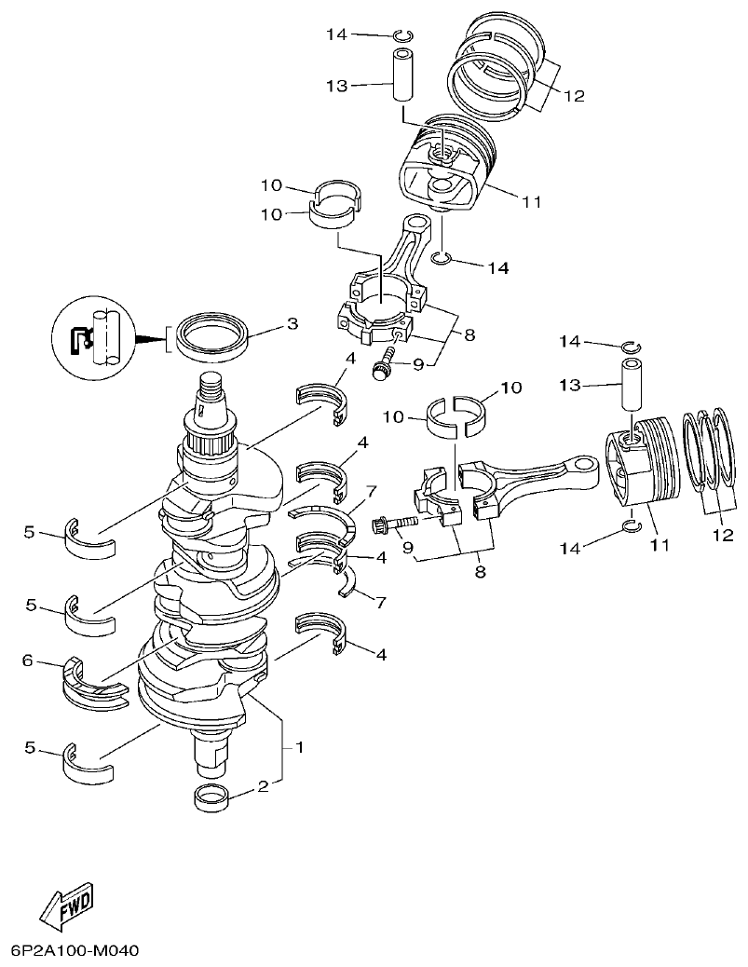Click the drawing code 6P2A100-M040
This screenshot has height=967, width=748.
(74, 951)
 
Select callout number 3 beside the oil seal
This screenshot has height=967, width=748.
(292, 324)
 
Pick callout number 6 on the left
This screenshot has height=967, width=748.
(28, 661)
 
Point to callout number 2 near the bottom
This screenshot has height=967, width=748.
(264, 786)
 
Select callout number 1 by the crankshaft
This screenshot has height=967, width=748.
(299, 747)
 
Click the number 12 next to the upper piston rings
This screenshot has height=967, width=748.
(573, 95)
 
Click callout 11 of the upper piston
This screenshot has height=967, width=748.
(532, 200)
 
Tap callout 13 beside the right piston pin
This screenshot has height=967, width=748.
(570, 385)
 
